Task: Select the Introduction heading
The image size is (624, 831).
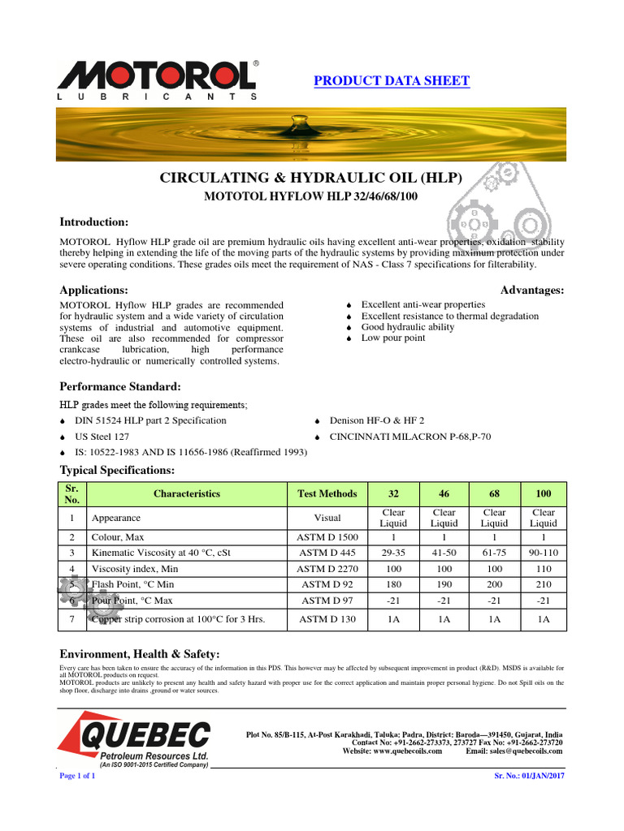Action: point(94,222)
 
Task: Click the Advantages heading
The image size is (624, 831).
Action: point(532,290)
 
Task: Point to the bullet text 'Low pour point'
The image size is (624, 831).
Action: point(393,338)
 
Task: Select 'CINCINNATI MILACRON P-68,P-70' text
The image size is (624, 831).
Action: point(409,437)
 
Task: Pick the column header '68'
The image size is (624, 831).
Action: point(494,493)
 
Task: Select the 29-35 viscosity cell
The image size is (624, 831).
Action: point(393,553)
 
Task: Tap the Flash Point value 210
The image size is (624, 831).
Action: point(543,584)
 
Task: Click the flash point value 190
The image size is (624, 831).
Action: point(444,584)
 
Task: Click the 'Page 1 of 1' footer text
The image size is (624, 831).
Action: point(78,776)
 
